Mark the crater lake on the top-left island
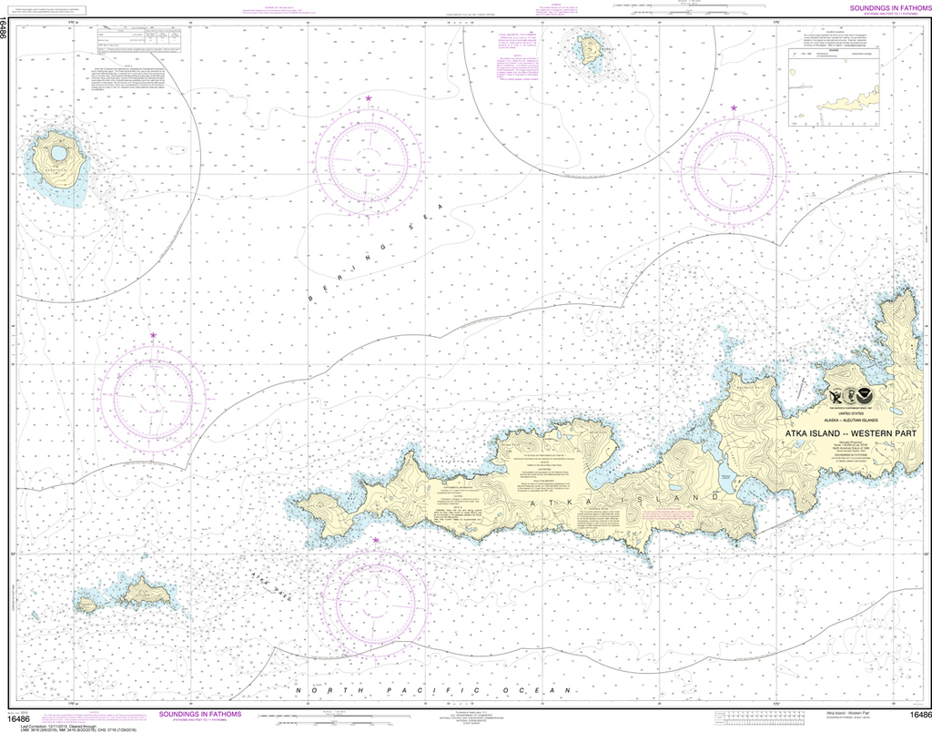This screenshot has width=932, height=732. point(58,153)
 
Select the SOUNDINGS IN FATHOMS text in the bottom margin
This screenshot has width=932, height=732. point(200,715)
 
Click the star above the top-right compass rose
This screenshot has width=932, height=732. point(734,109)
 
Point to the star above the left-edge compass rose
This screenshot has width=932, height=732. point(153,337)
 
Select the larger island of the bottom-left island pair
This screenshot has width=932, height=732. point(146,593)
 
